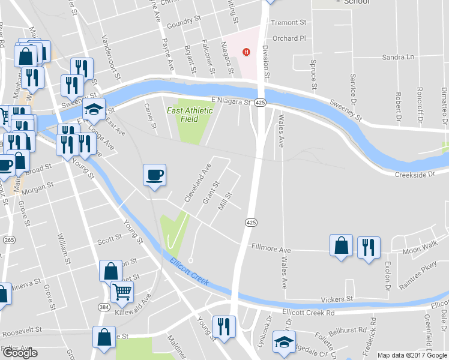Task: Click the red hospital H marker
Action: point(245,52)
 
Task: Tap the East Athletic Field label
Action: point(190,114)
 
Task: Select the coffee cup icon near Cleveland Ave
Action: point(154,175)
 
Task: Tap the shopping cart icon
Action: point(122,292)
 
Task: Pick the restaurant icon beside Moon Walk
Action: point(369,247)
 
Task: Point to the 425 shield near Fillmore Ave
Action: point(251,222)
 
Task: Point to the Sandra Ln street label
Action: point(398,57)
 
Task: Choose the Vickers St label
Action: point(337,299)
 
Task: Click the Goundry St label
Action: point(183,23)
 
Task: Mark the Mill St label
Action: point(225,201)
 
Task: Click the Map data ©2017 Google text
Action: point(412,355)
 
